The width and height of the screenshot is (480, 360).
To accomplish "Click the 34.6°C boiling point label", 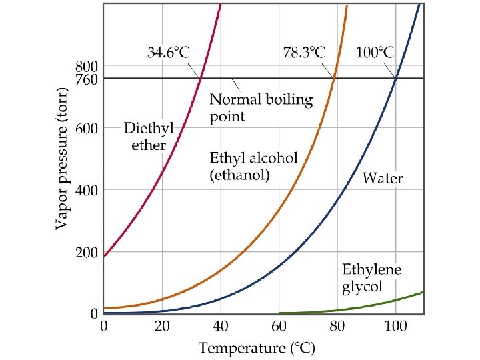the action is coord(169,52).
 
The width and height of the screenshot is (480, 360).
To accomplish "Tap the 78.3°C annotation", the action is coord(304,52).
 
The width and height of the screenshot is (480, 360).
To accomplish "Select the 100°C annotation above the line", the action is coord(375,52).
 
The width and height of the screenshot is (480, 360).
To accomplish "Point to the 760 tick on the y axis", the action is coord(87,79).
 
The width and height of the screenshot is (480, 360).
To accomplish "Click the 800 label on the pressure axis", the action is coord(87,67).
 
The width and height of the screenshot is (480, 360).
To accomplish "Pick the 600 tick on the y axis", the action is coord(87,128).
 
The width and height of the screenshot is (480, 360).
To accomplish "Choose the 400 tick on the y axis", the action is coord(87,190).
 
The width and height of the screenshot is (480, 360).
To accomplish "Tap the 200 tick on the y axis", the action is coord(87,253).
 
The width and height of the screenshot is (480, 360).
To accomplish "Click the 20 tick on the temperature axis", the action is coord(162,326).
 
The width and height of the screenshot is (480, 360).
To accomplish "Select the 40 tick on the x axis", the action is coord(221,326).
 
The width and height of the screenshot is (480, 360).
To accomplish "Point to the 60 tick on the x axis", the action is coord(279,326).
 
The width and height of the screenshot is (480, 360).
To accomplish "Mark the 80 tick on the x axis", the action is coord(337,326).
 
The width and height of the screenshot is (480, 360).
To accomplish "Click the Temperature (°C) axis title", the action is coord(257,348).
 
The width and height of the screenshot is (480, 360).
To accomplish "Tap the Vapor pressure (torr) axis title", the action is coord(61,158).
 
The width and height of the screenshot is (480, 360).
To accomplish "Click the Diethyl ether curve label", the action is coord(149,136).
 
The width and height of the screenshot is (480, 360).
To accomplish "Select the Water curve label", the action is coord(383,178).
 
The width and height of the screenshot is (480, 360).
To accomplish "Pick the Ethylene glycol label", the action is coord(371,278).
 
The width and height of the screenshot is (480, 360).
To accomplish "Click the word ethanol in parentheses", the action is coord(240,175).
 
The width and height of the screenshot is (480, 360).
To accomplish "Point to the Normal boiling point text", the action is coord(261,108).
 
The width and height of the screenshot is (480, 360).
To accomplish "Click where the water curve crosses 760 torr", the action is coord(396,78).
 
